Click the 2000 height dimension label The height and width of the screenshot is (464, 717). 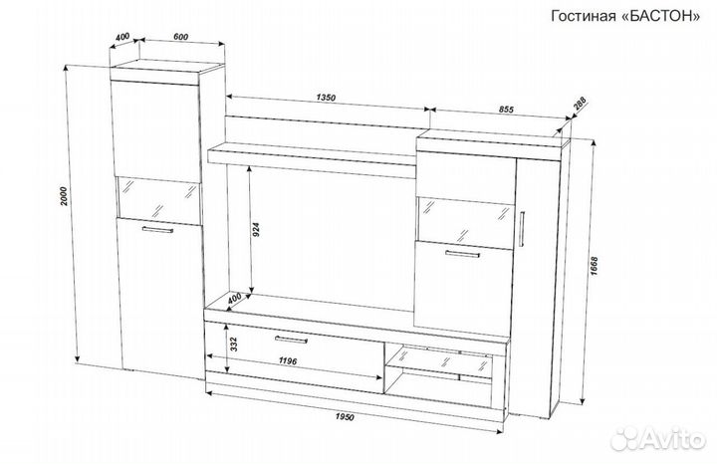click(x=64, y=196)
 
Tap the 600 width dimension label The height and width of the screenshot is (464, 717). click(x=181, y=37)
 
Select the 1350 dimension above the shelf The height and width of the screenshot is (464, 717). click(x=326, y=98)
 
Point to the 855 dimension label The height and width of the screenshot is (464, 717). click(x=506, y=110)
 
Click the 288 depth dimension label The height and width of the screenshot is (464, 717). click(x=579, y=105)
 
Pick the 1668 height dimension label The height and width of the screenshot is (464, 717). click(x=594, y=266)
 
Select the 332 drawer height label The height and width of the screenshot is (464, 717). click(x=233, y=344)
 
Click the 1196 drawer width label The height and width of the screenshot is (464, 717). click(x=288, y=361)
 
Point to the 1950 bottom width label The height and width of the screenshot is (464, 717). click(x=345, y=417)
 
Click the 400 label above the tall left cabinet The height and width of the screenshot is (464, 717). click(x=122, y=37)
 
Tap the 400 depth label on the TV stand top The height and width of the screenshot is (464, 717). click(x=234, y=299)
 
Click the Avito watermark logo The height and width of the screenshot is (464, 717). click(x=658, y=439)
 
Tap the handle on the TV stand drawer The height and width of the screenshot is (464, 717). click(x=291, y=340)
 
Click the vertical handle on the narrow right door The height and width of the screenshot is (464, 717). click(x=522, y=229)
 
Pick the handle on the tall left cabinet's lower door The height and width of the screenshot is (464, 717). click(x=157, y=230)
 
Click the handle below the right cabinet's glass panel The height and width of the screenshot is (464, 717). click(x=462, y=254)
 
